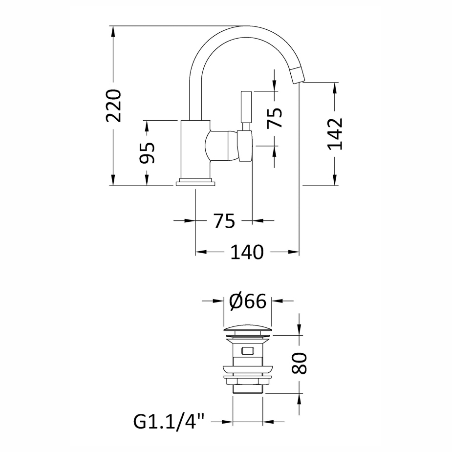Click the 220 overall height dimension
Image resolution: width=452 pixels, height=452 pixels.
coord(113,106)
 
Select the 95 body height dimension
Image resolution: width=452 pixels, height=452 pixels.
coord(147,153)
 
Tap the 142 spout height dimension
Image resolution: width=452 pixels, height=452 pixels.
coord(335,134)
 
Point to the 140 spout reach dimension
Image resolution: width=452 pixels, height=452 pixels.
coord(247,252)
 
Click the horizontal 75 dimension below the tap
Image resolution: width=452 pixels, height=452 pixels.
coord(224,221)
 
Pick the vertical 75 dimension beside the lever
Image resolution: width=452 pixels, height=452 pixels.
coord(274,118)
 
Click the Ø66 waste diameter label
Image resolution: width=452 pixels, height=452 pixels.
coord(248,301)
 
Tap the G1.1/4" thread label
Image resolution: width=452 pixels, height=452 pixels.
coord(169,422)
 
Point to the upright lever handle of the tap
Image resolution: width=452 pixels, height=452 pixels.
coord(246,111)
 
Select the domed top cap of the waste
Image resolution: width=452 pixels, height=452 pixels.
coord(248,329)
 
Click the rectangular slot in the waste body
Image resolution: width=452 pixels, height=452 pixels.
coord(247,351)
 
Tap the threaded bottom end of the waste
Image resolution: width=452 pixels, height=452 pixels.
coord(248,389)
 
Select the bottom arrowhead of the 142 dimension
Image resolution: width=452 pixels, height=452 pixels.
coord(335,180)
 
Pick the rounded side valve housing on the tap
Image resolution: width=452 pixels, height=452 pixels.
coord(221,145)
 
